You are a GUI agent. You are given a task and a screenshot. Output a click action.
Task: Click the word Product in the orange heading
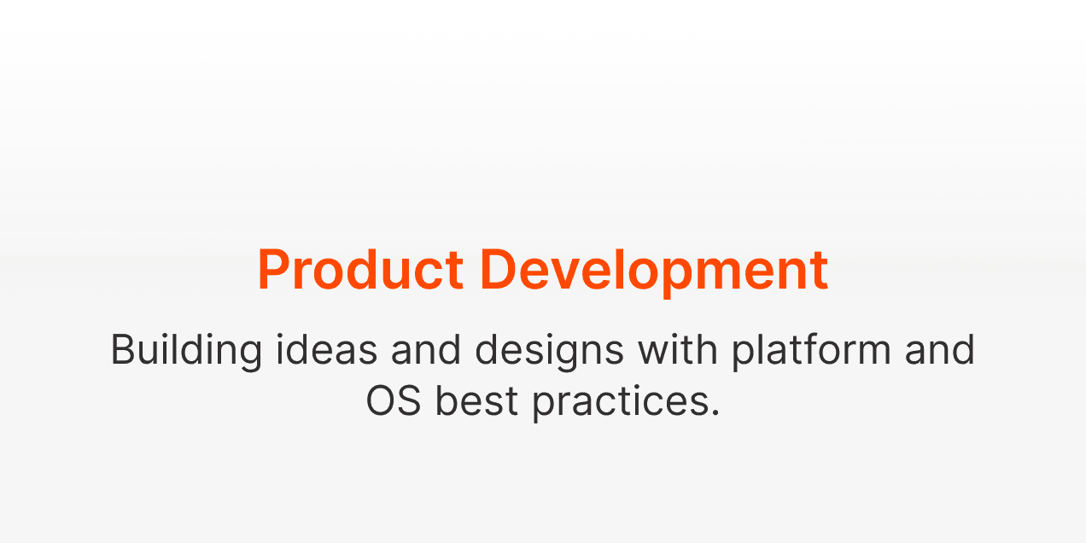pos(360,270)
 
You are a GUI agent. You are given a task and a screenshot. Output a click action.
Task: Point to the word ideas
pos(326,348)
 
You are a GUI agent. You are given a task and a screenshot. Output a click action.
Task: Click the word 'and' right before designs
pos(426,348)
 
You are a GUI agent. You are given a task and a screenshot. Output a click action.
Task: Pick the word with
pos(677,348)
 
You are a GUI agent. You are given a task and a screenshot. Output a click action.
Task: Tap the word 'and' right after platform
pos(940,348)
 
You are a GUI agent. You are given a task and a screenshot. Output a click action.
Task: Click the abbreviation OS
pos(394,401)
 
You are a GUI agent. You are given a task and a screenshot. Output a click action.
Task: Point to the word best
pos(476,400)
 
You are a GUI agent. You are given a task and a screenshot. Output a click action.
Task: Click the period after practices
pos(715,412)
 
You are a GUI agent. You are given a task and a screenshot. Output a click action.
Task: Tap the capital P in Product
pos(273,270)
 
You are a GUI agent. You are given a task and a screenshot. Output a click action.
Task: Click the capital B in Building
pos(126,349)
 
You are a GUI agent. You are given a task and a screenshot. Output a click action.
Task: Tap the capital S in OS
pos(409,401)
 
